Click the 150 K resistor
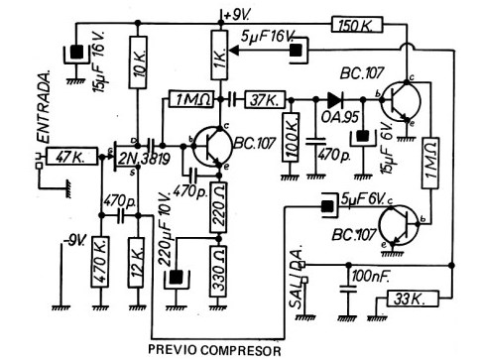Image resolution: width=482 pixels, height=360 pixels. coord(357,26)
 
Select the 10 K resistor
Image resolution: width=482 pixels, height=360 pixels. coord(138,62)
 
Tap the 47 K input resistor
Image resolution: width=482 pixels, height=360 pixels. coord(71,156)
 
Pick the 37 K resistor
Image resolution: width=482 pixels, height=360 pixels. coord(265,99)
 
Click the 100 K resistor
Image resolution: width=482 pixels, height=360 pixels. coord(291,137)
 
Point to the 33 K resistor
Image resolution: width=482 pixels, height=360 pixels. coord(413,299)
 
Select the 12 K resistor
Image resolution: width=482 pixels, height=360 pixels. coord(137,262)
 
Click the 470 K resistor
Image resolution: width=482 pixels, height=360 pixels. coord(100,262)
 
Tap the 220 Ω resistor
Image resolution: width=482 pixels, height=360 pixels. coord(218,207)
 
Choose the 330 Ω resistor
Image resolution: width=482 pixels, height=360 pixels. coord(218,272)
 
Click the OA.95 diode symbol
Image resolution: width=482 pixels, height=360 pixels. coord(335,98)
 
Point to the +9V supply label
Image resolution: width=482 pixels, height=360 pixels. coord(237,15)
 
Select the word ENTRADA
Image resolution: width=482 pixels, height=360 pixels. coord(44,106)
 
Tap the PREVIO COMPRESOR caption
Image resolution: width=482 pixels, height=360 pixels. coord(214,350)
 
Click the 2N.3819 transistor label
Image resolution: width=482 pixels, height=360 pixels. coord(144,160)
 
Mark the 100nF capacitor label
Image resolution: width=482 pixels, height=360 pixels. coord(370,277)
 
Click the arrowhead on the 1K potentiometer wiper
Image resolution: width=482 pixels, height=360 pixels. coord(234,51)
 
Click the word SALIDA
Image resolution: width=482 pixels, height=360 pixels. coord(297,277)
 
